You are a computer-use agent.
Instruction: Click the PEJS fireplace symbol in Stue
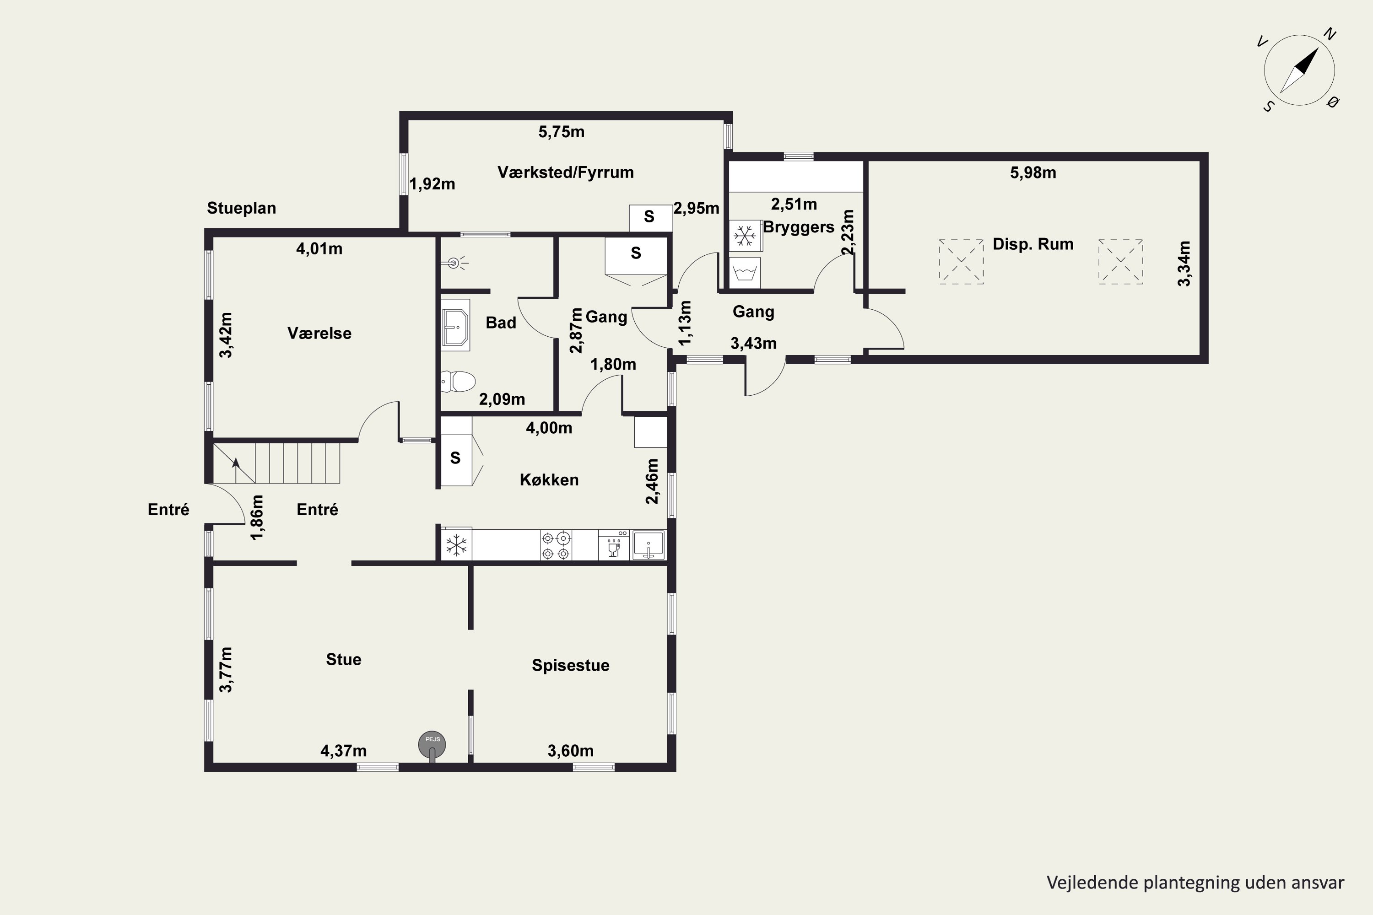(x=432, y=745)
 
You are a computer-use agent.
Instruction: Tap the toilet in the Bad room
(x=458, y=382)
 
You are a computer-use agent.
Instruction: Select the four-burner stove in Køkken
(x=556, y=545)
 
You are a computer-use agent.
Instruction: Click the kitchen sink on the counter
(x=649, y=545)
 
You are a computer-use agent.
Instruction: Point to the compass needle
(x=1299, y=70)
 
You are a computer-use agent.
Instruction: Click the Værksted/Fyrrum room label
(x=565, y=172)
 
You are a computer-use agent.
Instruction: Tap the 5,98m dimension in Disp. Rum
(x=1032, y=173)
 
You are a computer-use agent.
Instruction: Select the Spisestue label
(x=570, y=665)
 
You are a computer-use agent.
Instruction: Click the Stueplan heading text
(x=241, y=208)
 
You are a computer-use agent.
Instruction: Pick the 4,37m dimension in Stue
(x=343, y=750)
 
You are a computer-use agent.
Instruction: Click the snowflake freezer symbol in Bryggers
(x=745, y=236)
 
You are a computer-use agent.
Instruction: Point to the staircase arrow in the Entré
(x=236, y=470)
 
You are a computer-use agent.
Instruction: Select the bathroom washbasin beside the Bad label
(x=455, y=325)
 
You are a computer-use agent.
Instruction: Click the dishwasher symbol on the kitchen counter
(x=614, y=545)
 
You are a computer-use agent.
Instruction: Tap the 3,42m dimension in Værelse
(x=225, y=335)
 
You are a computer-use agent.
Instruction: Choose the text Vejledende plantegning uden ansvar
(x=1195, y=883)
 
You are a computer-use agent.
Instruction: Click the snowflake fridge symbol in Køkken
(x=456, y=545)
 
